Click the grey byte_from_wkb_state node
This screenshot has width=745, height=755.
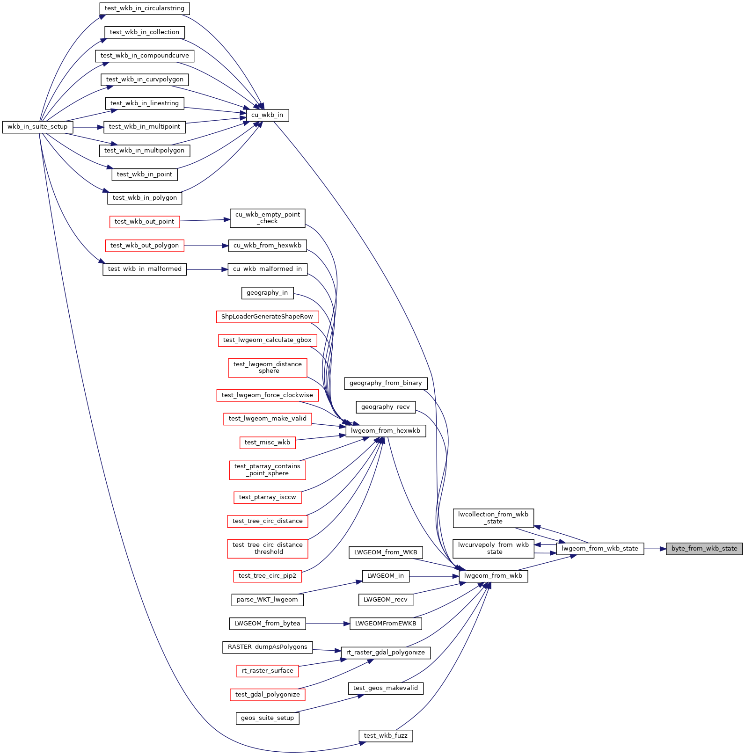[x=704, y=549]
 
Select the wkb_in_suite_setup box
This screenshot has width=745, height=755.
[x=37, y=127]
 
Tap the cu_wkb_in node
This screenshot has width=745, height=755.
[x=267, y=115]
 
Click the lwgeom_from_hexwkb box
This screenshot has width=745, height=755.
[x=386, y=431]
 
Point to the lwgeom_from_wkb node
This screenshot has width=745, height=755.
[x=493, y=576]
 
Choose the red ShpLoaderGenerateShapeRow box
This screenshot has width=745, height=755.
[x=267, y=317]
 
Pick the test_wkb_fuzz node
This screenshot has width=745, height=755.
[x=386, y=736]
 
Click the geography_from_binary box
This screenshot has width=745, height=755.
[x=386, y=383]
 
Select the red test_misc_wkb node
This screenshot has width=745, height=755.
[x=267, y=443]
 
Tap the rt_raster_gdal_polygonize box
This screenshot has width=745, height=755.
[x=386, y=653]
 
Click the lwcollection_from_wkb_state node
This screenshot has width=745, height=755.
[x=493, y=518]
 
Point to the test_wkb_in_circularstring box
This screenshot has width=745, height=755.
[x=145, y=8]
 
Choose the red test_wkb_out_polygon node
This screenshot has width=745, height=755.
[x=145, y=246]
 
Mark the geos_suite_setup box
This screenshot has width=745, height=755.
[x=267, y=718]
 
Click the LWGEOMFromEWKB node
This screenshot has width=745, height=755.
[x=386, y=624]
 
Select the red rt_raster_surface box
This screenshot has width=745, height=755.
[x=267, y=671]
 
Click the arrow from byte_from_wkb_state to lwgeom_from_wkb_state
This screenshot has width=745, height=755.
[x=655, y=549]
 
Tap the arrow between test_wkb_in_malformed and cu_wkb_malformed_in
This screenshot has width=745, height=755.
[x=207, y=269]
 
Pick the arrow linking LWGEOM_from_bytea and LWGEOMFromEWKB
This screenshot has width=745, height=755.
[x=328, y=624]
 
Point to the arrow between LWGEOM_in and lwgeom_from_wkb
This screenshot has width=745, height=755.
[x=434, y=576]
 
